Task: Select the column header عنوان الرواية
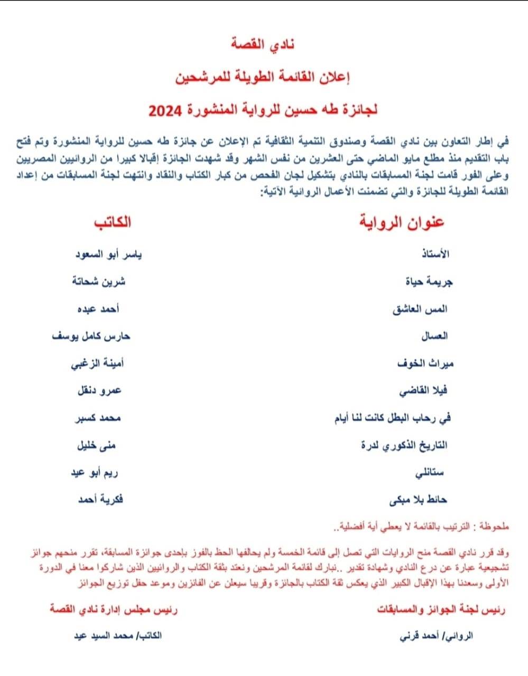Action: point(402,221)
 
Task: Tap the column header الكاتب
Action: point(113,221)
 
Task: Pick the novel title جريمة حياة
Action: point(429,281)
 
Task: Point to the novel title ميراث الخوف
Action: point(425,363)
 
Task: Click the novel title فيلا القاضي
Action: point(424,391)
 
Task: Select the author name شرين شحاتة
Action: point(99,281)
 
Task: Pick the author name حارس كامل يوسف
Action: point(91,336)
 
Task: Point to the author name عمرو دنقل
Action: point(99,391)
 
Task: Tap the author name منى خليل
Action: point(96,445)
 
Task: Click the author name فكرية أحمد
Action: point(100,499)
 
